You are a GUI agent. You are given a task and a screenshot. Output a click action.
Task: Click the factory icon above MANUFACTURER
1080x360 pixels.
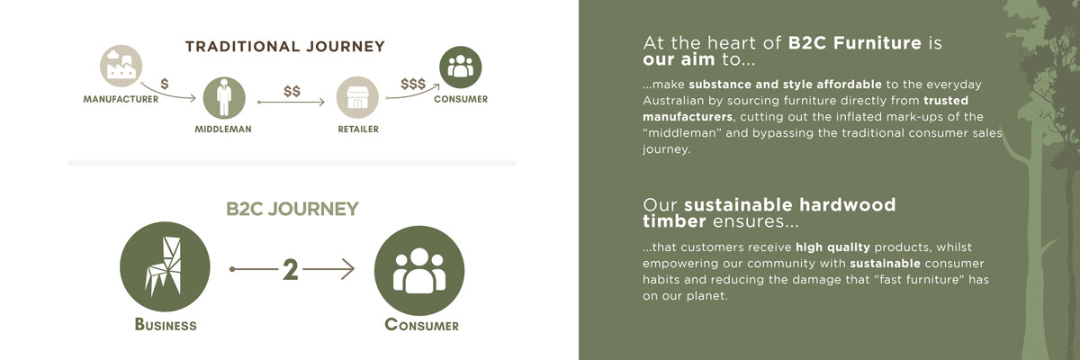(121, 66)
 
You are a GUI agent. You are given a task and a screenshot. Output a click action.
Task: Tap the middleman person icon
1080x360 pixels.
(224, 98)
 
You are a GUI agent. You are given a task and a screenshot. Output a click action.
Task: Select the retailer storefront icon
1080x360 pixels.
(357, 97)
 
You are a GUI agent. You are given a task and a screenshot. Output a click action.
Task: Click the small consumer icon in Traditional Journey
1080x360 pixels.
(461, 67)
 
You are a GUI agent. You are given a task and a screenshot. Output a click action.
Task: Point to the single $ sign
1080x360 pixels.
(165, 84)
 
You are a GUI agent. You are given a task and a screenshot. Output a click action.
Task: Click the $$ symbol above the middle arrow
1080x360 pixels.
(292, 91)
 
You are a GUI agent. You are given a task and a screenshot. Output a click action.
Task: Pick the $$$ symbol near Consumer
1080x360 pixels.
(413, 84)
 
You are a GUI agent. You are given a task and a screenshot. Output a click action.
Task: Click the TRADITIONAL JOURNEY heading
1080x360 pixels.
(285, 46)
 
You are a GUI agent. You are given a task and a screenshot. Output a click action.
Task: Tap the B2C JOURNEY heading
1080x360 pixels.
(292, 209)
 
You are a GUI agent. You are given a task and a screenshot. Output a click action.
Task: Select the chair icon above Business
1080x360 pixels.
(165, 266)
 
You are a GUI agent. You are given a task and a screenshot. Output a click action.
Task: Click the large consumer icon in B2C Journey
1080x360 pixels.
(419, 270)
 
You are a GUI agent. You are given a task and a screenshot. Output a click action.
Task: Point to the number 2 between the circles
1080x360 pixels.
(290, 269)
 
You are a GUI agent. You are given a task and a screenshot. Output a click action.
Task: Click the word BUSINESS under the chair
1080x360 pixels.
(166, 324)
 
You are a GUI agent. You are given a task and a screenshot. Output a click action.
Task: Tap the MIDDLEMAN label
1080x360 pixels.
(223, 130)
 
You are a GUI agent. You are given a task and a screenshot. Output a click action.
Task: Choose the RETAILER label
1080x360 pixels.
(358, 130)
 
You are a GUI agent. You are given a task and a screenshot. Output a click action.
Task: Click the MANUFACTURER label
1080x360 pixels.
(121, 99)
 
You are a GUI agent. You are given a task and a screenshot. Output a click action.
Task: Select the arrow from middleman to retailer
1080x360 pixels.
(292, 103)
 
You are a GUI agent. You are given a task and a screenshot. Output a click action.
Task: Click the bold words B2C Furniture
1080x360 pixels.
(855, 43)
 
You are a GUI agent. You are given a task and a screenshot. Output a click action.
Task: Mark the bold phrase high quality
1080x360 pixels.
(832, 247)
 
